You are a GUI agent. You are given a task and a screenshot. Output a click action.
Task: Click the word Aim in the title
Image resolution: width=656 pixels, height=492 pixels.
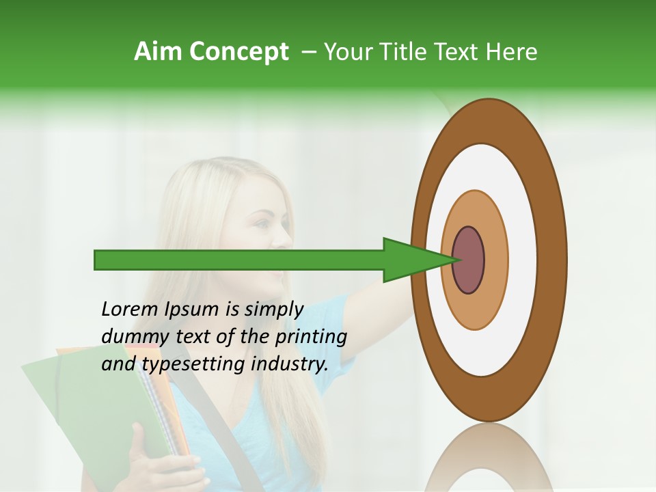click(x=159, y=52)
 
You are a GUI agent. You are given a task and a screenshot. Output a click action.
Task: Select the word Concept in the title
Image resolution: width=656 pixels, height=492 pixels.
click(x=240, y=53)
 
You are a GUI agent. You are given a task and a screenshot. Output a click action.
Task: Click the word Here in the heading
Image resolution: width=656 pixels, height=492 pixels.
click(x=511, y=52)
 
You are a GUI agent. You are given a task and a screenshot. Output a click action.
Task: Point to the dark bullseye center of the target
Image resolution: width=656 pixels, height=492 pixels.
click(x=469, y=260)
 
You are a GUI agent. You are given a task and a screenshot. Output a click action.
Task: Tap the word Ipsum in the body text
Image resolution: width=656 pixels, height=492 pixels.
click(x=191, y=310)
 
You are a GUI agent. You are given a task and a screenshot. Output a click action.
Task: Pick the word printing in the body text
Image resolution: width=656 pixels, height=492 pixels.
click(x=311, y=338)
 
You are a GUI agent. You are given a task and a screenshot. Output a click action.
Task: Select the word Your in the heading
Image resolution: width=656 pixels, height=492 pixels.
click(x=348, y=52)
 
